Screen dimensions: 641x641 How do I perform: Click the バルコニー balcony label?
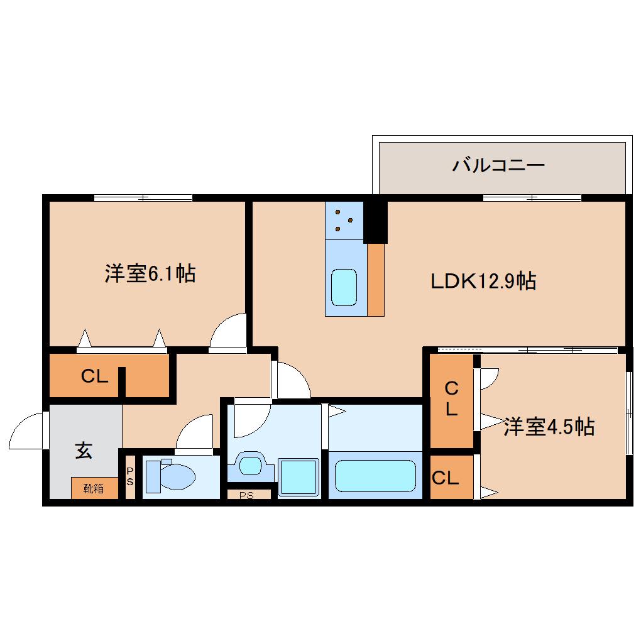pyautogui.click(x=498, y=166)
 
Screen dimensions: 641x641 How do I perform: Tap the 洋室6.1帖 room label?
pyautogui.click(x=150, y=274)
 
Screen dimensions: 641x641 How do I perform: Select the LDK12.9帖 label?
pyautogui.click(x=483, y=281)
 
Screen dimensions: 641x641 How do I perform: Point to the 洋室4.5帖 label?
pyautogui.click(x=549, y=427)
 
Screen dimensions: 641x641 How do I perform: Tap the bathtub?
pyautogui.click(x=375, y=475)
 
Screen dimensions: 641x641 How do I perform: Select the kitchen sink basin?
pyautogui.click(x=344, y=287)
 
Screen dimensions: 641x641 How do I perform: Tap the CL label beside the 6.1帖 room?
pyautogui.click(x=94, y=376)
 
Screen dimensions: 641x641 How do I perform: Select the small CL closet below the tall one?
pyautogui.click(x=446, y=478)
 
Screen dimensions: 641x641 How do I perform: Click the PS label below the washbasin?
pyautogui.click(x=246, y=495)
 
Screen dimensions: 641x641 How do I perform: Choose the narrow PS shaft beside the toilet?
pyautogui.click(x=130, y=476)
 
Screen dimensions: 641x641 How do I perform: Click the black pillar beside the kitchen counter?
pyautogui.click(x=375, y=220)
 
